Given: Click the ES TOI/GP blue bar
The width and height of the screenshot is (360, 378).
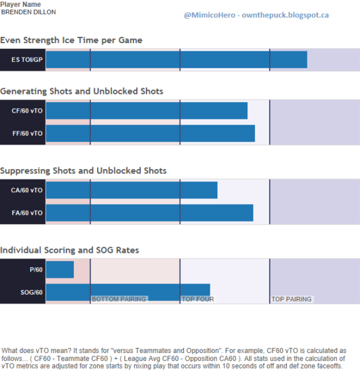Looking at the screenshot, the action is [x=177, y=59].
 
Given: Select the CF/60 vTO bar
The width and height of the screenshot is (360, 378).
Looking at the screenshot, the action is [x=147, y=111].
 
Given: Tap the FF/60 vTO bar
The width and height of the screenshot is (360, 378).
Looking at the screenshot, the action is [x=150, y=133].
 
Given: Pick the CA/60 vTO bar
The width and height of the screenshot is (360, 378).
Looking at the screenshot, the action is [x=131, y=190].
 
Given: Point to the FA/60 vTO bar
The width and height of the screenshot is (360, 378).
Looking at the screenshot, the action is [x=150, y=213].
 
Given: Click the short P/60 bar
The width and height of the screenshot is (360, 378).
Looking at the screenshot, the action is [x=60, y=270].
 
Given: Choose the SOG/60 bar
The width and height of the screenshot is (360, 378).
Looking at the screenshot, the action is [x=128, y=292].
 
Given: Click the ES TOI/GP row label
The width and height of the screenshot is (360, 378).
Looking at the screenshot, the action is [x=27, y=59].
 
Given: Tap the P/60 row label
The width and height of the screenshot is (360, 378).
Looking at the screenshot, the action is [x=36, y=270].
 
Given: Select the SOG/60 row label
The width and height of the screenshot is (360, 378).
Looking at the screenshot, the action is [x=31, y=292].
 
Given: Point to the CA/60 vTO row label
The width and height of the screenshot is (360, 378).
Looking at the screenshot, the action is [x=27, y=190].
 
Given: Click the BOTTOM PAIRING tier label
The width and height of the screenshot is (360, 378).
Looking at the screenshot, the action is [x=119, y=299].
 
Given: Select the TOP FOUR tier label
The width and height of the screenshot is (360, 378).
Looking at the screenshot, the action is [x=198, y=299].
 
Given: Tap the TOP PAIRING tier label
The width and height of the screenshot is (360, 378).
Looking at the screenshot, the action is [x=292, y=299].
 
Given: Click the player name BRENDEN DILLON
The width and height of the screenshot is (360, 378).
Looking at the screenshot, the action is [x=28, y=12].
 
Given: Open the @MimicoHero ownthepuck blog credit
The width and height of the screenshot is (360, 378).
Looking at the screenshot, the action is [x=256, y=15].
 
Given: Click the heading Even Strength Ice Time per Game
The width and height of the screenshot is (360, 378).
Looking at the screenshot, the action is [x=71, y=40].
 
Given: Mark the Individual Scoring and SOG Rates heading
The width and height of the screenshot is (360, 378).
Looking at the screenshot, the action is [x=69, y=250].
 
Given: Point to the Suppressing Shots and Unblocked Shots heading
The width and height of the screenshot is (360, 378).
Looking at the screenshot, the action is [x=83, y=170].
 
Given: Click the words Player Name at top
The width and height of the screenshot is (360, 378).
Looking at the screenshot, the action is [x=21, y=4].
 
